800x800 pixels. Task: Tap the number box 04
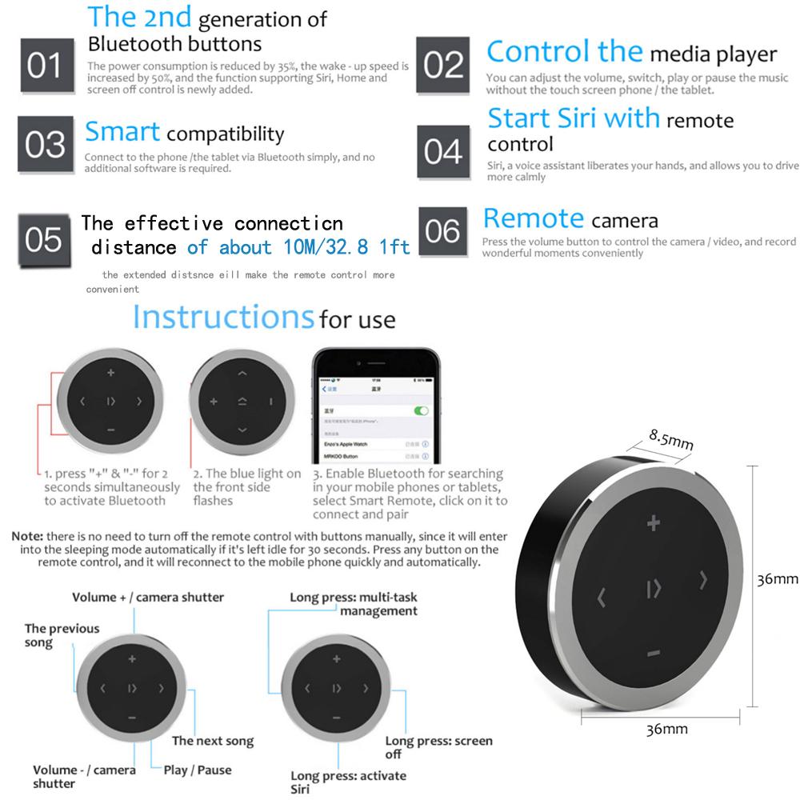point(442,150)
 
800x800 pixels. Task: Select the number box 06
point(443,232)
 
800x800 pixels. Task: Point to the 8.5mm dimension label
point(671,439)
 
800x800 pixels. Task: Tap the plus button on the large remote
point(654,525)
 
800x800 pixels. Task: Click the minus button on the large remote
point(654,654)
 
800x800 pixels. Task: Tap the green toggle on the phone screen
point(420,410)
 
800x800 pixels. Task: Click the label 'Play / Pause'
point(198,770)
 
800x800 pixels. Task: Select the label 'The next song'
point(213,742)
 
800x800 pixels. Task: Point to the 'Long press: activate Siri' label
point(348,782)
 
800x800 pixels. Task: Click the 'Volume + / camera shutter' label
point(148,598)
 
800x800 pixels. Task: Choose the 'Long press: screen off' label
point(438,747)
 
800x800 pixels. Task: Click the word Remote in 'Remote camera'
point(534,218)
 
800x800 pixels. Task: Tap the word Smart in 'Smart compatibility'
point(122,131)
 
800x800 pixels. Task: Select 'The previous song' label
point(62,635)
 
